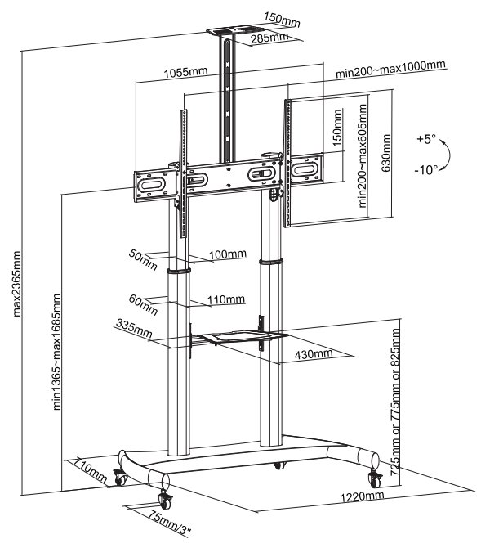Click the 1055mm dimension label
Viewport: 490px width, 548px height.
tap(185, 73)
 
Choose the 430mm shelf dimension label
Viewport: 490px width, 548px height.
tap(314, 354)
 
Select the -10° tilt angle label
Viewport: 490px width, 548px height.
tap(425, 170)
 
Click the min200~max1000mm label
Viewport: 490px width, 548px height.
tap(390, 65)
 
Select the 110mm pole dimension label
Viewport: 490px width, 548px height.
tap(227, 300)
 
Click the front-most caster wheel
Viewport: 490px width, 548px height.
tap(162, 499)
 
